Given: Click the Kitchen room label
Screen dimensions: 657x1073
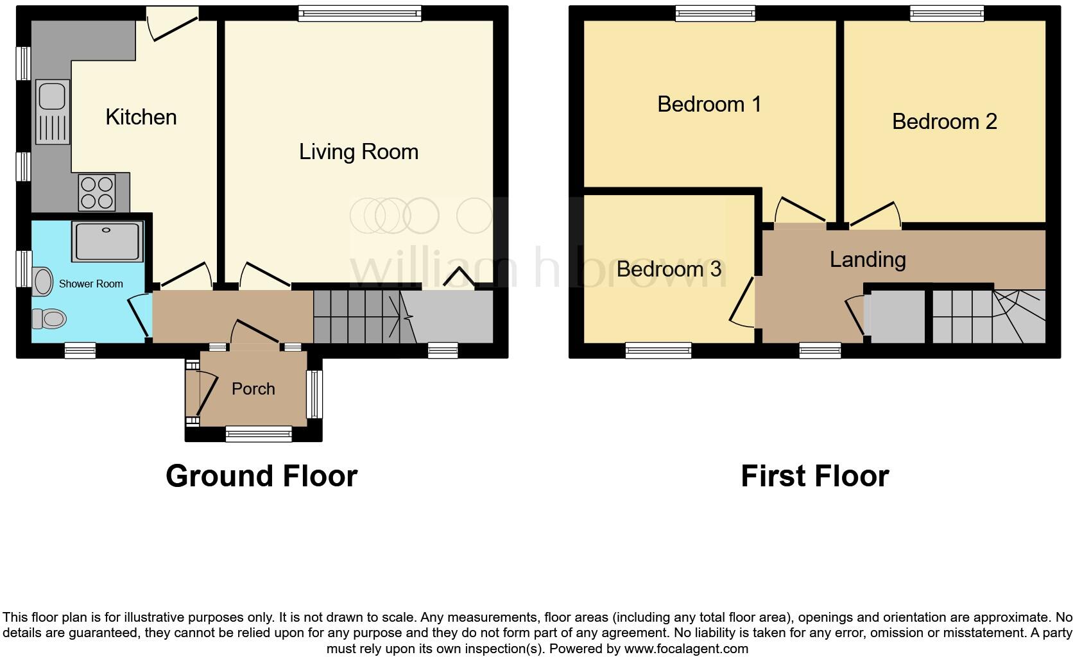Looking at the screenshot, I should (141, 117).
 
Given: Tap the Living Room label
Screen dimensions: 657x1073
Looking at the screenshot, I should (358, 151).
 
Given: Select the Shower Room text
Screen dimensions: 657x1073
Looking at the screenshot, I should (90, 284).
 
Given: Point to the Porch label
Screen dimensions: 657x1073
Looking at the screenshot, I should (253, 389).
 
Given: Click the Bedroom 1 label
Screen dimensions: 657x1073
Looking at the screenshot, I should (708, 104).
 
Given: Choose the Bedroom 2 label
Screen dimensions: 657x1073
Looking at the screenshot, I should (944, 121).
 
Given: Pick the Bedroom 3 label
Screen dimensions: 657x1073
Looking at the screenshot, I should (669, 269).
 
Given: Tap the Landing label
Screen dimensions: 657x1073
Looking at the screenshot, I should (867, 259).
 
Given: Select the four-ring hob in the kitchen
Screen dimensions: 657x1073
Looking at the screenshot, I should (97, 192).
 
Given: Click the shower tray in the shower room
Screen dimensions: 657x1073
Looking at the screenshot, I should (107, 242).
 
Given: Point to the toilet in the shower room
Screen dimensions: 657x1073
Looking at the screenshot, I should (50, 318).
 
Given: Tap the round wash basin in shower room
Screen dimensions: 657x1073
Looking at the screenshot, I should (42, 282).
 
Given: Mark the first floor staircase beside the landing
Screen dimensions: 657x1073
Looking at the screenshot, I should (988, 316).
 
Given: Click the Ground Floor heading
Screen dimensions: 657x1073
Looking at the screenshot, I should (261, 476).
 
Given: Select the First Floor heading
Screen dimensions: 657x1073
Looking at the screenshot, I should (814, 476).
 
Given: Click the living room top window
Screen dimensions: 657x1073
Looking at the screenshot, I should (360, 13).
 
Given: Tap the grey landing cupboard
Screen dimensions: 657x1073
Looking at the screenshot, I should (897, 316).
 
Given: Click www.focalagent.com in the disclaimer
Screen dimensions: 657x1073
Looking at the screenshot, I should (686, 649).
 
